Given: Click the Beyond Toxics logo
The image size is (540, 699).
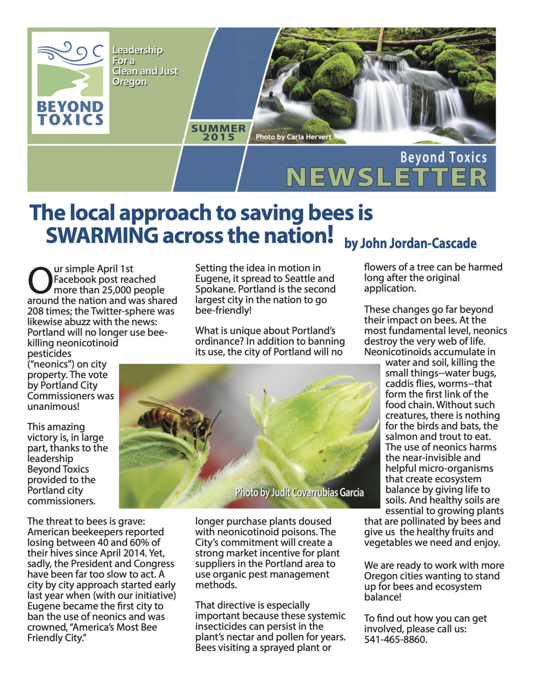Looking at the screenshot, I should click(x=71, y=82).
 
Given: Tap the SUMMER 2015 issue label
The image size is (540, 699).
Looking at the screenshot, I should click(x=218, y=132).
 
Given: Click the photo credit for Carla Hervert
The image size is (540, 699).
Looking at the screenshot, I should click(x=293, y=137).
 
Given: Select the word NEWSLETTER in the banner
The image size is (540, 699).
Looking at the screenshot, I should click(x=387, y=177).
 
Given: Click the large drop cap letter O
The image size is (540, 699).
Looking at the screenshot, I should click(x=40, y=281).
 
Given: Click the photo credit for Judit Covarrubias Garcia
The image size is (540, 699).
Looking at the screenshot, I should click(x=299, y=492).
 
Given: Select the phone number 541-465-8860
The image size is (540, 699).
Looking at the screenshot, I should click(x=395, y=639).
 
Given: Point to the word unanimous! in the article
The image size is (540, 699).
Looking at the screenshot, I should click(x=53, y=406).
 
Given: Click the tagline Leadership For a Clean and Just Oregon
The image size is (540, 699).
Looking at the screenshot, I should click(x=145, y=66).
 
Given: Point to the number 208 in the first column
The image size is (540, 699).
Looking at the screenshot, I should click(x=36, y=311).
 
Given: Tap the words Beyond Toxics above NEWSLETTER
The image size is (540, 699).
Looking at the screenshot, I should click(x=443, y=157).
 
